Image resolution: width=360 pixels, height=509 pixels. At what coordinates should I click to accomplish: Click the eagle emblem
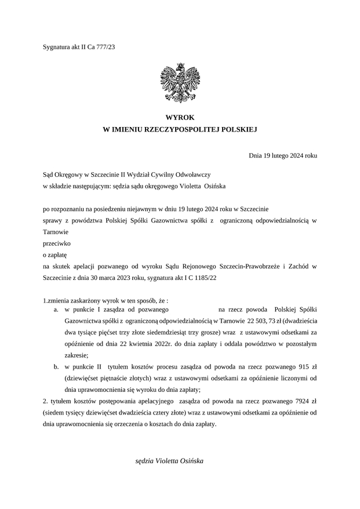tap(180, 83)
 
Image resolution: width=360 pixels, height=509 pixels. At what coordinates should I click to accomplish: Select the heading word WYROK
tap(180, 118)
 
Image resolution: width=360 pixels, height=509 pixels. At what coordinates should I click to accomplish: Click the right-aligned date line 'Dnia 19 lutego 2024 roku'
tap(283, 155)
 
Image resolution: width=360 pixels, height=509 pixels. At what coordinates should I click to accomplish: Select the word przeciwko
tap(57, 243)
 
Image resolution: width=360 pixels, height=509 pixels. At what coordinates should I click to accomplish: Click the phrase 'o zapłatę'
tap(56, 254)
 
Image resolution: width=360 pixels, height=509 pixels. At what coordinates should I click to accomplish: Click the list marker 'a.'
tap(56, 310)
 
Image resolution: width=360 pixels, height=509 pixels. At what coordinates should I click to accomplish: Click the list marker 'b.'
tap(56, 368)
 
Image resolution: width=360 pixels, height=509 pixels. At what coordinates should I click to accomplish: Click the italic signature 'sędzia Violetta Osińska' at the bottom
tap(169, 461)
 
